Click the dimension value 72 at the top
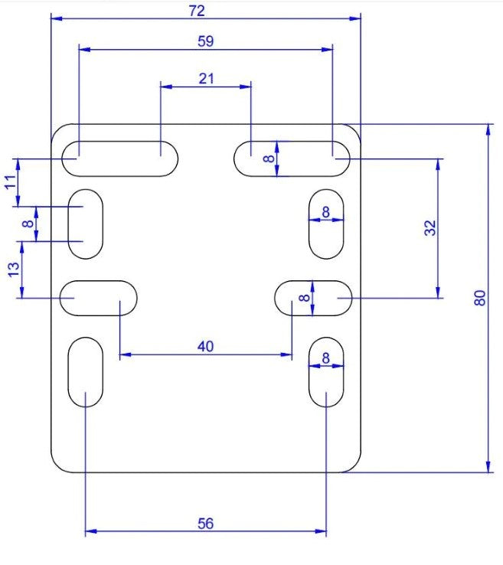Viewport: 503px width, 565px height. click(x=205, y=10)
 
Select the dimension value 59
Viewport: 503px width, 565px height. click(x=205, y=42)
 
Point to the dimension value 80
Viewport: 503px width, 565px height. click(x=480, y=299)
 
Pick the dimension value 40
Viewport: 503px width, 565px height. click(x=205, y=346)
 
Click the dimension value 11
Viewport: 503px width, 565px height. click(x=10, y=182)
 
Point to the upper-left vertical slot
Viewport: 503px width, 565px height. click(x=86, y=224)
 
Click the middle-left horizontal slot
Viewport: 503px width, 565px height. click(x=99, y=297)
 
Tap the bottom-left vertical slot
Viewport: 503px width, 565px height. click(x=86, y=372)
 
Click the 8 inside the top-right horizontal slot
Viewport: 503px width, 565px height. click(x=267, y=158)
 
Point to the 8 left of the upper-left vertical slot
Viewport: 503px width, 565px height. click(x=28, y=224)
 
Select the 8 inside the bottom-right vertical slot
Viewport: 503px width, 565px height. click(x=325, y=358)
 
